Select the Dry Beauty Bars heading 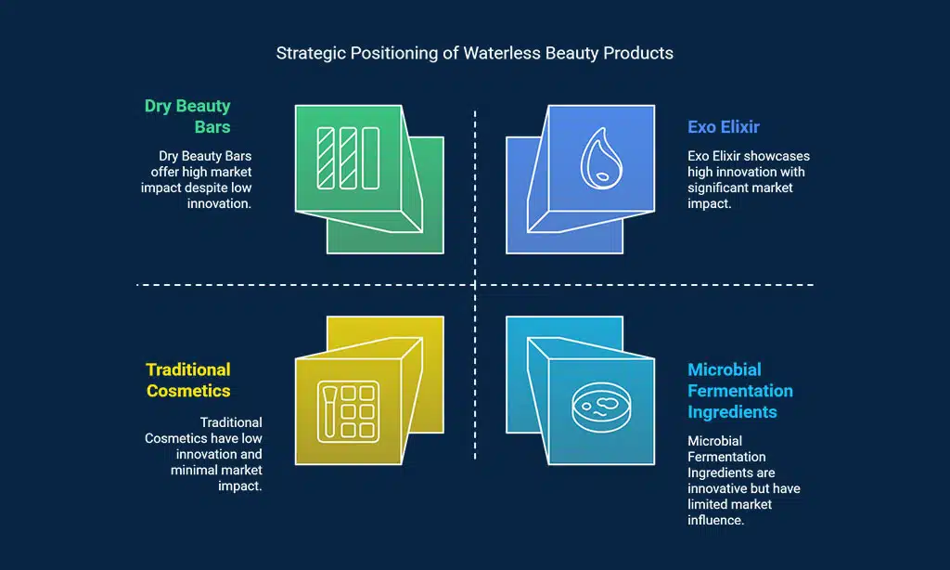pyautogui.click(x=187, y=116)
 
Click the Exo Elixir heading pyautogui.click(x=724, y=127)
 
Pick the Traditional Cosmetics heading pyautogui.click(x=188, y=381)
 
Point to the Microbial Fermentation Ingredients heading pyautogui.click(x=740, y=391)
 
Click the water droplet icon pyautogui.click(x=601, y=158)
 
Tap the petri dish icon pyautogui.click(x=601, y=407)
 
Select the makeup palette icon pyautogui.click(x=349, y=412)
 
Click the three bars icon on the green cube pyautogui.click(x=349, y=158)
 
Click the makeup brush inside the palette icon pyautogui.click(x=329, y=412)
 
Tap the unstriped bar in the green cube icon pyautogui.click(x=371, y=158)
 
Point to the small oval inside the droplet pyautogui.click(x=602, y=176)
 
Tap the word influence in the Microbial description pyautogui.click(x=715, y=520)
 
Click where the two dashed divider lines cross pyautogui.click(x=475, y=284)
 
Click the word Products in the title pyautogui.click(x=638, y=53)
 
